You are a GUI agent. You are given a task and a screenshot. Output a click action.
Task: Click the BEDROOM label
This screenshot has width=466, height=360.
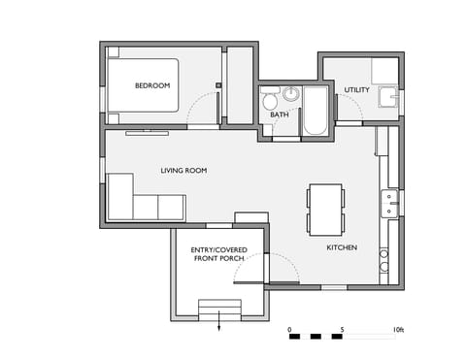(x=152, y=85)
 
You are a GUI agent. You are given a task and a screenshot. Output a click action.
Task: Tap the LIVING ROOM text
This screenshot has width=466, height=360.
(x=183, y=171)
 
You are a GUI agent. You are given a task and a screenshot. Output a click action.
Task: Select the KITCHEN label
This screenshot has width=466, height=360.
(x=341, y=247)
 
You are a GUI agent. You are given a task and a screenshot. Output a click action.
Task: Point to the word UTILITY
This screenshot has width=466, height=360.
(x=356, y=90)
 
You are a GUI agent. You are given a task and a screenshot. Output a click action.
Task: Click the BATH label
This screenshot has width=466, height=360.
(x=280, y=115)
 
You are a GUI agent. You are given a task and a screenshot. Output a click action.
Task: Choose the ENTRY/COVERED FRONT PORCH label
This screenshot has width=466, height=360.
(x=218, y=254)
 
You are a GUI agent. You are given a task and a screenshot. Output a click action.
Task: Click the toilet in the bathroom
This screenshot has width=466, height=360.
(x=270, y=100)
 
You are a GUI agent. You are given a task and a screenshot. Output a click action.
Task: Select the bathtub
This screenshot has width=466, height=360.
(x=315, y=110)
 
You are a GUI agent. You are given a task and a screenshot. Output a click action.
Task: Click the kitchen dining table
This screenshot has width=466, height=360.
(x=325, y=209)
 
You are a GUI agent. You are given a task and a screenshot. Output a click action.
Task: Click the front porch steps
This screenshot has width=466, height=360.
(x=218, y=309)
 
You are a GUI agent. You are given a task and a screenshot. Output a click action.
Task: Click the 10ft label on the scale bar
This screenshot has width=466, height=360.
(x=399, y=330)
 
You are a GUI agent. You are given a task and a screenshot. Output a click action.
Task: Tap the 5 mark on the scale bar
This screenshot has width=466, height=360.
(x=342, y=330)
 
